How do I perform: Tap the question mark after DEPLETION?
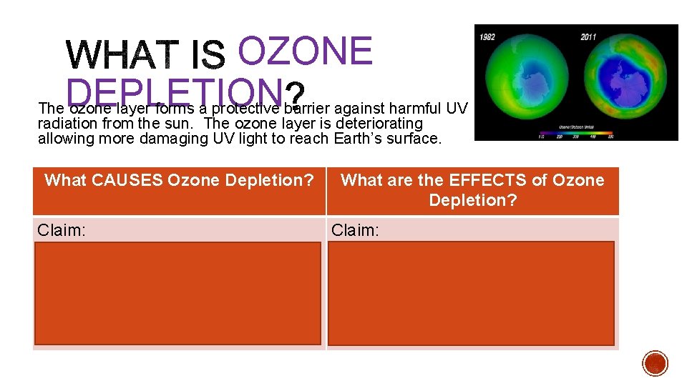pos(294,94)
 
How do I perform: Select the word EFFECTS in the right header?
pos(489,180)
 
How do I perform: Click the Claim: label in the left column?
pos(61,229)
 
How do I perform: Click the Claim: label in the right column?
pos(355,229)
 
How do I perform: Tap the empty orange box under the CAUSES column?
pos(177,293)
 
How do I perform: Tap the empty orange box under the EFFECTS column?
pos(472,293)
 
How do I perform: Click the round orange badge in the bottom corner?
pos(655,363)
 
